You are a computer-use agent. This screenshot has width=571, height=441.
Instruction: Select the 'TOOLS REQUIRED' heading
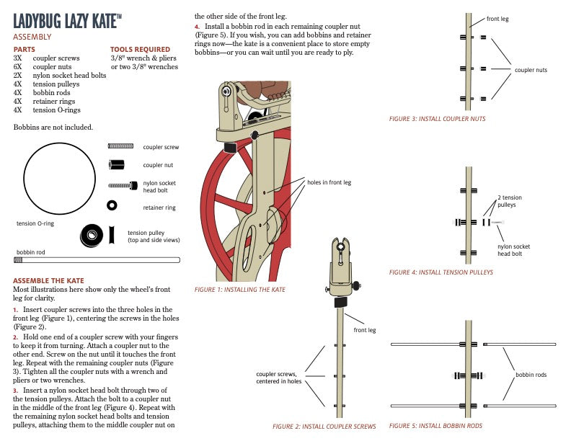coord(140,50)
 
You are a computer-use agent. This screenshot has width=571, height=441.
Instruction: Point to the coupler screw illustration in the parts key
coord(120,146)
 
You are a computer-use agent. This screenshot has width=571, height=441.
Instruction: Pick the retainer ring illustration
coord(112,206)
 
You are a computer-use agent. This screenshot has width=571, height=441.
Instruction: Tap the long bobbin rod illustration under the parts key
coord(97,260)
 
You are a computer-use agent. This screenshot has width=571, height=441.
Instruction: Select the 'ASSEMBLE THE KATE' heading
coord(48,280)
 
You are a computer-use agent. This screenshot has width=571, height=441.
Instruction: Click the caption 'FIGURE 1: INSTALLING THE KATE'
coord(239,290)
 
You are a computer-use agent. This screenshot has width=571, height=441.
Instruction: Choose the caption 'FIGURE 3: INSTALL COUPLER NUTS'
coord(437,119)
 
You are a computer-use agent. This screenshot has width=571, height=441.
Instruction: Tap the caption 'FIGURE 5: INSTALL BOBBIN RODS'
coord(435,426)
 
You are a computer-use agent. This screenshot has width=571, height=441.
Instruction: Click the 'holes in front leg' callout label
coord(329,182)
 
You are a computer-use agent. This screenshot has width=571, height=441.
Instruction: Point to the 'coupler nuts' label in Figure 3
coord(531,70)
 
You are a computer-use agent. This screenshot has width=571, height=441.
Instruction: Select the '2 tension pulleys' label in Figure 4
coord(509,201)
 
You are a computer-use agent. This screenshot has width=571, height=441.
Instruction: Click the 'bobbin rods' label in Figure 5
coord(531,375)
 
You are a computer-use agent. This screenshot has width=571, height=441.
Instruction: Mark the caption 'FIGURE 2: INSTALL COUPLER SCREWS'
coord(324,427)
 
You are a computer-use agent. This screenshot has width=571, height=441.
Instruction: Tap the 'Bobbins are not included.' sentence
coord(53,128)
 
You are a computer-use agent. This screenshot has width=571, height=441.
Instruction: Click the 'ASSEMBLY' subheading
coord(32,35)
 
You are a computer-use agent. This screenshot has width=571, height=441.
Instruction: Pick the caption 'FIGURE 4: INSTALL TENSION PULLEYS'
coord(441,272)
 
